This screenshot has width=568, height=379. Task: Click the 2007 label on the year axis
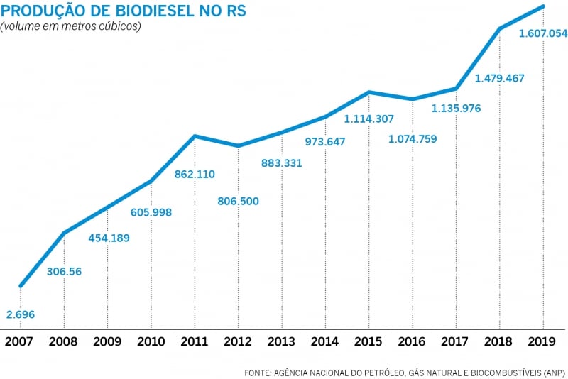click(x=20, y=342)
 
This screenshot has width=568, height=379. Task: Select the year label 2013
click(x=281, y=342)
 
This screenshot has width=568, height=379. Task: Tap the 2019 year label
click(x=543, y=342)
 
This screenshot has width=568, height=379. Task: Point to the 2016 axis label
click(x=412, y=342)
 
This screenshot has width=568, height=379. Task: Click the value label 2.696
click(x=20, y=314)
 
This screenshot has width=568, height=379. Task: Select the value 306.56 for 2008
click(x=65, y=271)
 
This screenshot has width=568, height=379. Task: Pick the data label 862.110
click(x=195, y=174)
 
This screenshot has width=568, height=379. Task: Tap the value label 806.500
click(x=238, y=201)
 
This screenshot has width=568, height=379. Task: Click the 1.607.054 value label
click(x=543, y=33)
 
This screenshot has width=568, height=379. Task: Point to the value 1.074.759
click(x=413, y=138)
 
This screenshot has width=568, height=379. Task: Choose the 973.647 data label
click(x=325, y=141)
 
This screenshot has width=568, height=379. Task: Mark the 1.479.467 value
click(x=500, y=78)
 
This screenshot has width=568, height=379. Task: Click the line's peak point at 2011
click(x=195, y=136)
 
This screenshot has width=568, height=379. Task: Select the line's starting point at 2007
click(x=20, y=286)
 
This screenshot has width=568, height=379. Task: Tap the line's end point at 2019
click(x=543, y=6)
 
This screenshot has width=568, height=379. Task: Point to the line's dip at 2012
click(x=238, y=146)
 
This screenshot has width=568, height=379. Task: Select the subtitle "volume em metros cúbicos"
click(x=71, y=26)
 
